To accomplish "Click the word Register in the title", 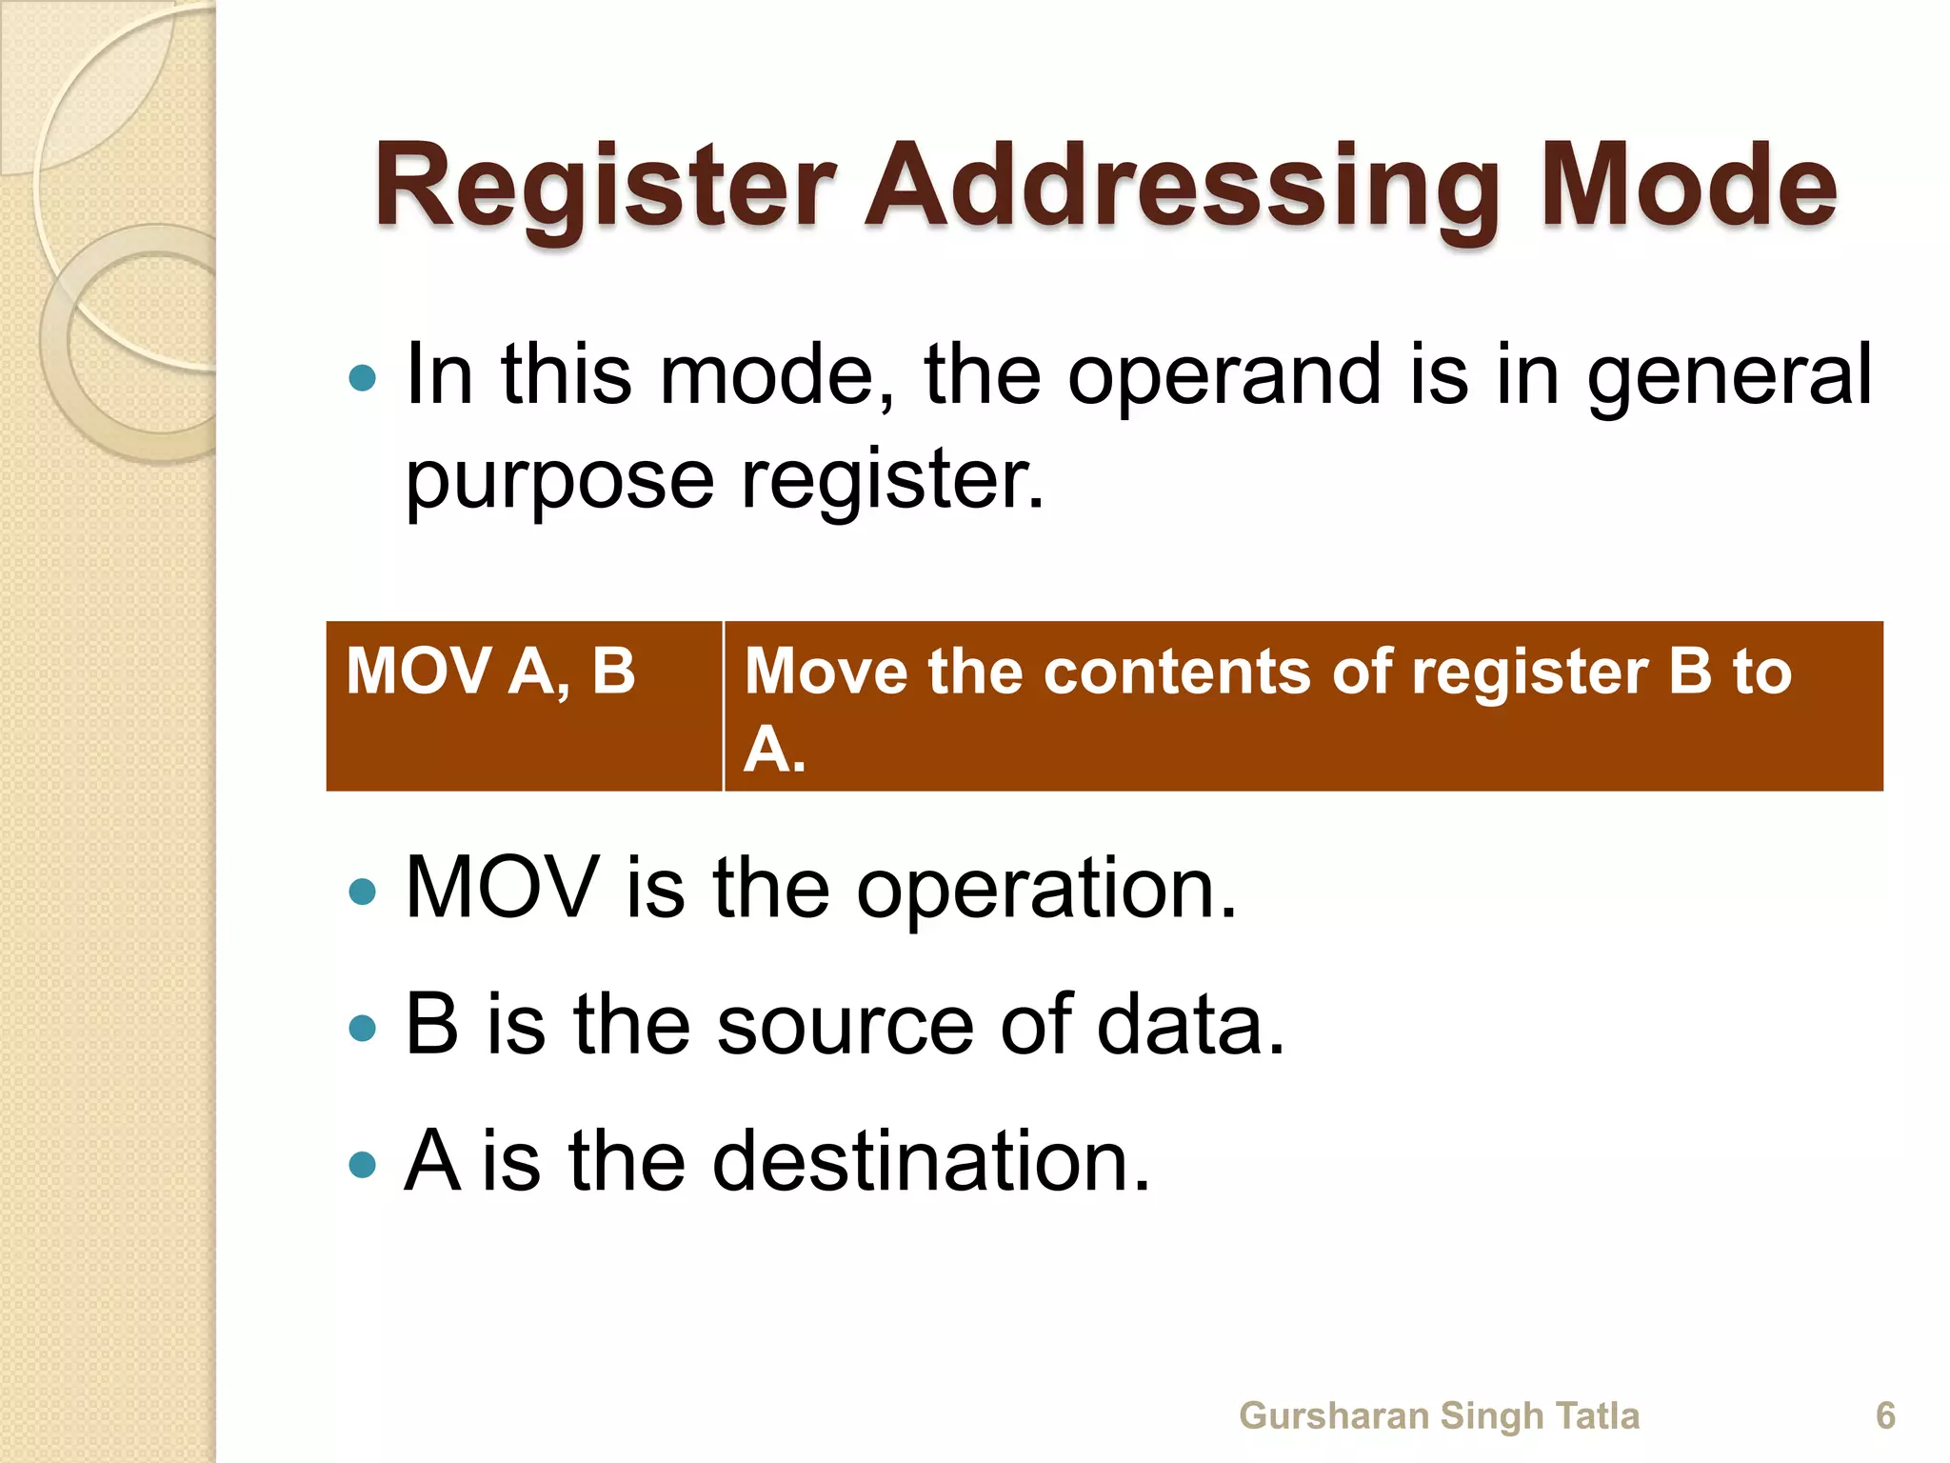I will click(x=606, y=187).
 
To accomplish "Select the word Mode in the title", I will click(x=1688, y=187).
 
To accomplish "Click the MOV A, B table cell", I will click(x=491, y=671).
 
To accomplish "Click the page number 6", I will click(x=1885, y=1415).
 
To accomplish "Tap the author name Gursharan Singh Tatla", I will click(x=1439, y=1415).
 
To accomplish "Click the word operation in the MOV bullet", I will click(x=1046, y=889).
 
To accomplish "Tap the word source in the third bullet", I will click(x=846, y=1026).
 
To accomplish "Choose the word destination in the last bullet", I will click(x=931, y=1161).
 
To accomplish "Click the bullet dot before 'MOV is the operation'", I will click(x=363, y=892).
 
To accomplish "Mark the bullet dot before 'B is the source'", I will click(x=363, y=1029).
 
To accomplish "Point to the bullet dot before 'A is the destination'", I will click(x=363, y=1164).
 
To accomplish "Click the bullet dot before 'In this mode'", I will click(x=363, y=379).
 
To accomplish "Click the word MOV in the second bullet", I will click(x=502, y=889).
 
